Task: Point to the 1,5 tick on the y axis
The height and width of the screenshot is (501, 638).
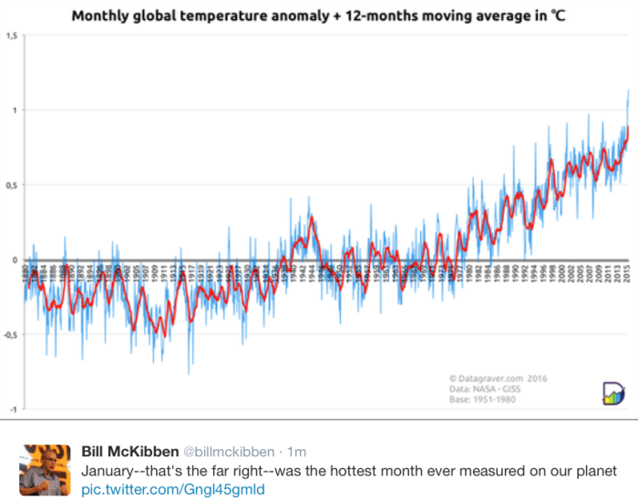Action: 12,36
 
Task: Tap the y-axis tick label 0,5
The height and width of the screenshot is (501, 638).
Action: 12,185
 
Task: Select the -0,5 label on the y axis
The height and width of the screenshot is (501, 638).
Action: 11,334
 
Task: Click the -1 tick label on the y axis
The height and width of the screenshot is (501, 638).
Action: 13,409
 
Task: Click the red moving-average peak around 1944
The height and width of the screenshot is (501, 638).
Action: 311,216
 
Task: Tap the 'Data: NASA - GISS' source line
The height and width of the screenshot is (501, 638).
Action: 487,389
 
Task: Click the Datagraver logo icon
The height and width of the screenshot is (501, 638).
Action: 612,394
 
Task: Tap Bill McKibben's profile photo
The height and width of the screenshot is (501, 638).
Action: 45,470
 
